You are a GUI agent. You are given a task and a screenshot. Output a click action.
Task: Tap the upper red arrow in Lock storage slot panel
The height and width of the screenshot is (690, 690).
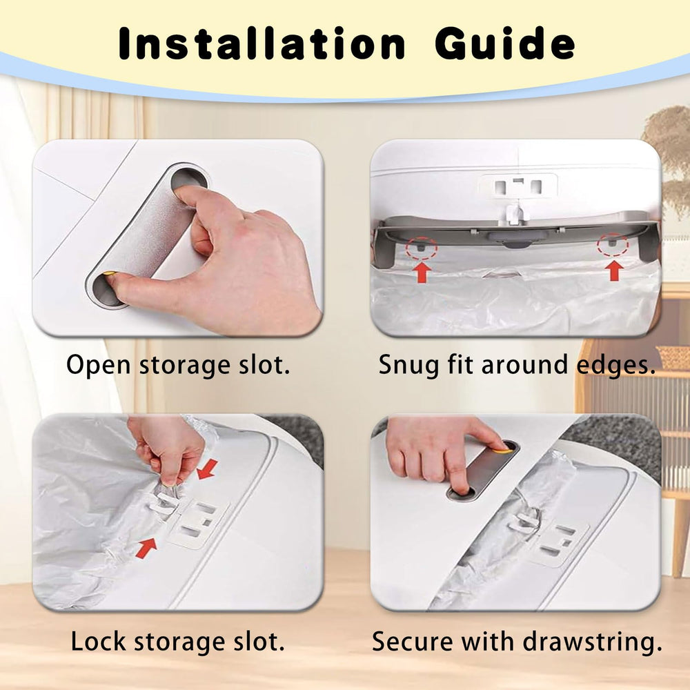pos(206,469)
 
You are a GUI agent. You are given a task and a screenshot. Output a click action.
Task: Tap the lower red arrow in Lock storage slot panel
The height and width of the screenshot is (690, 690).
pos(146,548)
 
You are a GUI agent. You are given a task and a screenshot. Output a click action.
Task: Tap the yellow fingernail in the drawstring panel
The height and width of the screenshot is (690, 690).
pos(502,449)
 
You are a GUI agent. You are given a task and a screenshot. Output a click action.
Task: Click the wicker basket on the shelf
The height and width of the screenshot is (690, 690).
pos(673,357)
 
